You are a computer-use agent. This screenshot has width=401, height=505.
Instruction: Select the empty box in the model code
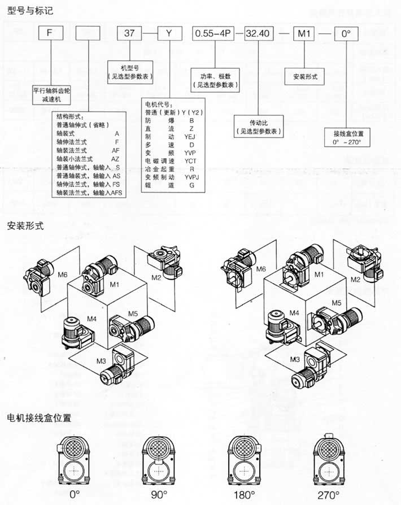[87, 34]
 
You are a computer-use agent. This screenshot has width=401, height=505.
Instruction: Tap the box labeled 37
[129, 34]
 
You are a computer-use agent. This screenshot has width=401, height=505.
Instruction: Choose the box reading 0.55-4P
[212, 34]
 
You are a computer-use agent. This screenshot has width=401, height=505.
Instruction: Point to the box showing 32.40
[258, 34]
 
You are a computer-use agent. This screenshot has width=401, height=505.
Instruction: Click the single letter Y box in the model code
[169, 34]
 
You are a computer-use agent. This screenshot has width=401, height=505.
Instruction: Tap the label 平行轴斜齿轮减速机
[52, 94]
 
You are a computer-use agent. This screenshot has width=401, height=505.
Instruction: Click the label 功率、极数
[214, 76]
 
